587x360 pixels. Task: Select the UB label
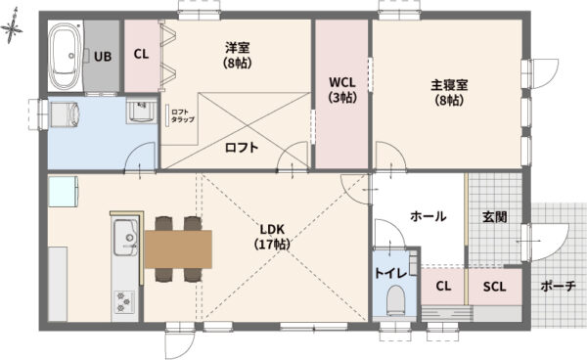(103, 56)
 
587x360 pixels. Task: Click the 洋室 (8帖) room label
(237, 55)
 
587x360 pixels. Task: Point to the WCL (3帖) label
(341, 90)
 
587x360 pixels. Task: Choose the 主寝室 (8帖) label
(449, 92)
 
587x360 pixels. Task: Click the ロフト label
(242, 148)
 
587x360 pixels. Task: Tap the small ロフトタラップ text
(182, 115)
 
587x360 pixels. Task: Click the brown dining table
(177, 248)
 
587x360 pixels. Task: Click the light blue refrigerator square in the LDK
(63, 191)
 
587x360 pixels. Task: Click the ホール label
(428, 215)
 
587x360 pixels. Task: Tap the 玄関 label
(494, 216)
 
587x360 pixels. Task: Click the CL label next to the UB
(141, 56)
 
